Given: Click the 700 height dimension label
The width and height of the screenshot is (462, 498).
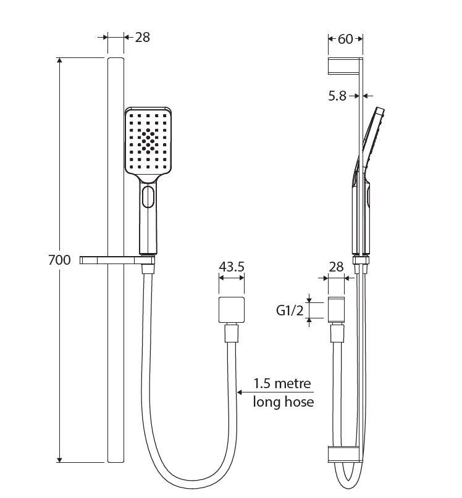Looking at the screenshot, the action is [59, 260].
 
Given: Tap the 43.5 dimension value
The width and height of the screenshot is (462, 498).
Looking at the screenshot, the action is [232, 267].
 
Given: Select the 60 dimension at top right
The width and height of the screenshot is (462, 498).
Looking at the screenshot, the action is [345, 39].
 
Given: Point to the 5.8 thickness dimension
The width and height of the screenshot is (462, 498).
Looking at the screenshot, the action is [337, 96].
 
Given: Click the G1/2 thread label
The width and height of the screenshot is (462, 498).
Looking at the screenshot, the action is [290, 310].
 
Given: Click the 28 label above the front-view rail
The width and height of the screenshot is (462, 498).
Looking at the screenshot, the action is [142, 38].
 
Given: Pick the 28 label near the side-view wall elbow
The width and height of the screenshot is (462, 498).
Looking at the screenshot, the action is [336, 267].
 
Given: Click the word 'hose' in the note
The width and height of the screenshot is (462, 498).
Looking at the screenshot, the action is [298, 402].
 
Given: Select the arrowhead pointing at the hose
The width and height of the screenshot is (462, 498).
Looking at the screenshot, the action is [240, 392].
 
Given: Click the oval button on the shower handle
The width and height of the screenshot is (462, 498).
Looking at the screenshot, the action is [148, 197].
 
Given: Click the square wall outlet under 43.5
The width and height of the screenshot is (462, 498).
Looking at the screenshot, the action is [232, 310].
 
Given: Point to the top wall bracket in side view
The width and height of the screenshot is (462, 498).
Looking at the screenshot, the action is [345, 66].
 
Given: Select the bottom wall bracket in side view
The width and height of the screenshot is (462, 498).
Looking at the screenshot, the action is [345, 454].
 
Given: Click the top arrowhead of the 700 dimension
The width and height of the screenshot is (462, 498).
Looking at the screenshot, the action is [59, 60].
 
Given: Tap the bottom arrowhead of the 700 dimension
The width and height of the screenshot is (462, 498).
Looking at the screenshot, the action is [59, 460].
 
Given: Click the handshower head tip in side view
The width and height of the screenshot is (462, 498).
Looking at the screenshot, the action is [380, 111].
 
